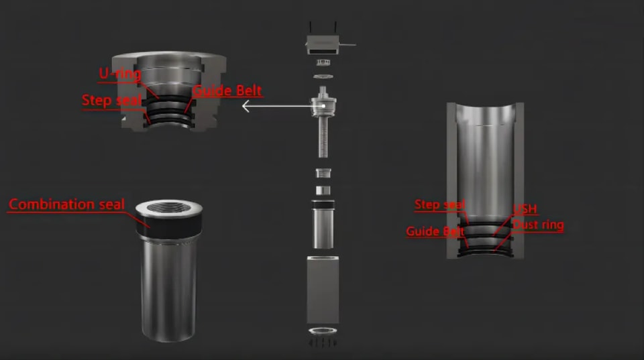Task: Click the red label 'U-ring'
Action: pyautogui.click(x=120, y=74)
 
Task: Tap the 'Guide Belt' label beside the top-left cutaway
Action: pyautogui.click(x=227, y=91)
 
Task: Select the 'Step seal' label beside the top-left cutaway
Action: pyautogui.click(x=112, y=100)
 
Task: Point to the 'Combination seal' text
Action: pyautogui.click(x=66, y=204)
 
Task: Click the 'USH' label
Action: pyautogui.click(x=525, y=209)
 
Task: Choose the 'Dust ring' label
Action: pyautogui.click(x=538, y=225)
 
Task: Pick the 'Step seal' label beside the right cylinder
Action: pyautogui.click(x=440, y=204)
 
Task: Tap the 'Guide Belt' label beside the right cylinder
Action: pyautogui.click(x=435, y=231)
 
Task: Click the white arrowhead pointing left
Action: pyautogui.click(x=246, y=106)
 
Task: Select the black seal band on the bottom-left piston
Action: pyautogui.click(x=168, y=225)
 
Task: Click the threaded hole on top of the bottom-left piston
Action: pyautogui.click(x=168, y=207)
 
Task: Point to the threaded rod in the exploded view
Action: pyautogui.click(x=323, y=136)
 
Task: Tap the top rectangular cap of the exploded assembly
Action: pyautogui.click(x=323, y=44)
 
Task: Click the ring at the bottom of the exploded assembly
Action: pyautogui.click(x=323, y=331)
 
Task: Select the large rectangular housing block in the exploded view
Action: pyautogui.click(x=323, y=290)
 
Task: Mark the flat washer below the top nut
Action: pyautogui.click(x=323, y=76)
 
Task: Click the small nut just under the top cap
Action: pyautogui.click(x=323, y=62)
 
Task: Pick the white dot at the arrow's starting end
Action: pyautogui.click(x=323, y=106)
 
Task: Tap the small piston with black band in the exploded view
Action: pyautogui.click(x=323, y=224)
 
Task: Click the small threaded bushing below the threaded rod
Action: pyautogui.click(x=323, y=173)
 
